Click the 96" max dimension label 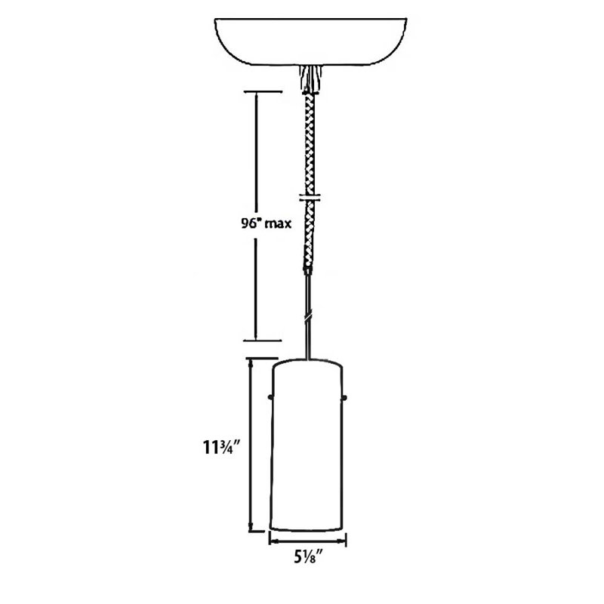[x=267, y=223]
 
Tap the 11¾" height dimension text [x=222, y=447]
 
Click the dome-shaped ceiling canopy [x=310, y=42]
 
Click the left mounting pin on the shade [x=270, y=396]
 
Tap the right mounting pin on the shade [x=344, y=397]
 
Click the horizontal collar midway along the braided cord [x=310, y=199]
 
